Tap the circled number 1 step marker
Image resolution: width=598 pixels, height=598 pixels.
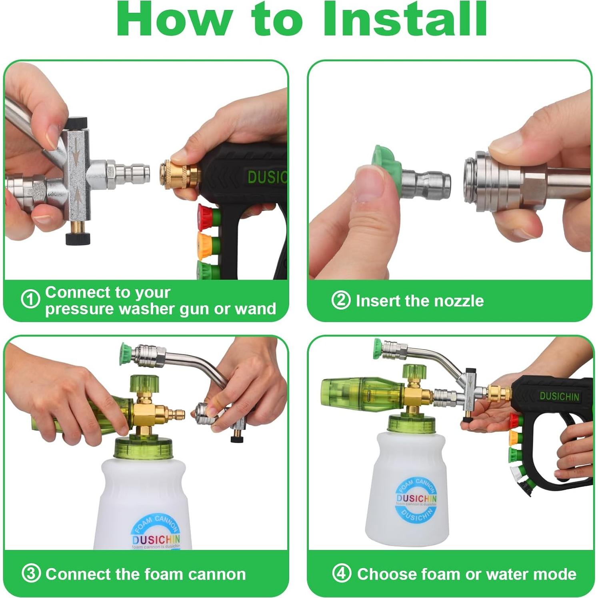pyautogui.click(x=30, y=299)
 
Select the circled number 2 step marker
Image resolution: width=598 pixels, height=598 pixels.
pyautogui.click(x=341, y=300)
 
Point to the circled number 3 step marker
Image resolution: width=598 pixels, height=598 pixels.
pyautogui.click(x=31, y=574)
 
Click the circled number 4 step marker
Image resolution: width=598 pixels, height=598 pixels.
pyautogui.click(x=342, y=574)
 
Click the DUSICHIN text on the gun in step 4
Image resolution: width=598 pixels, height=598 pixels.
pyautogui.click(x=559, y=396)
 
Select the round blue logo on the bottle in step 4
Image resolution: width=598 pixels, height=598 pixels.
pyautogui.click(x=416, y=499)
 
